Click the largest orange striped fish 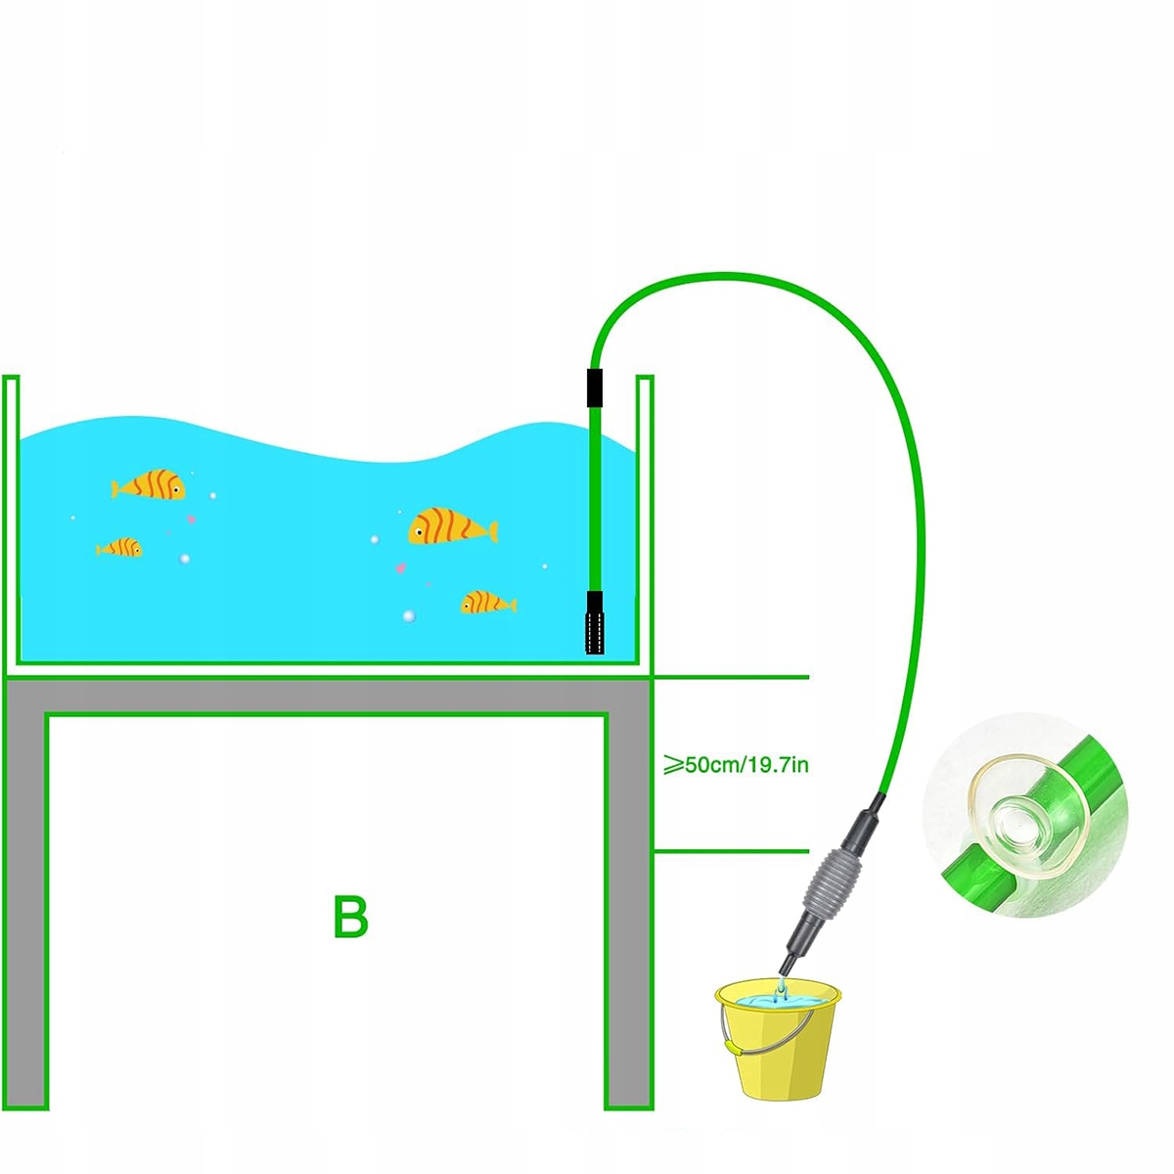point(450,527)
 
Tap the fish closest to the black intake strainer point(486,603)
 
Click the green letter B point(350,917)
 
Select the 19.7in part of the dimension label point(779,764)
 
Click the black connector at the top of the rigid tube point(594,387)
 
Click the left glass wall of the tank point(11,519)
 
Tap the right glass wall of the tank point(645,519)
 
